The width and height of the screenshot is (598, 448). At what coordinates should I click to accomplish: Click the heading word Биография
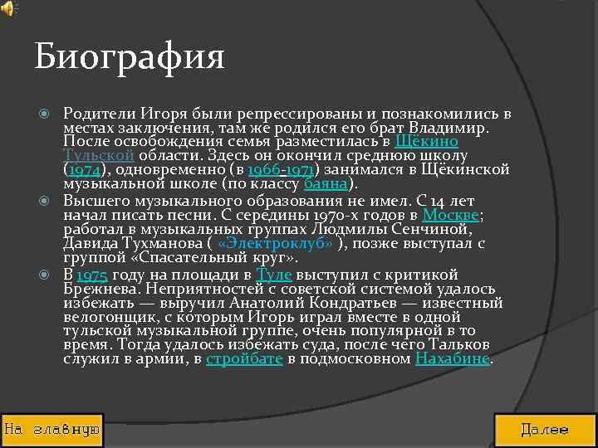point(130,58)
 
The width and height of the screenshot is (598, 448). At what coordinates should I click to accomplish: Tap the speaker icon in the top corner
point(7,8)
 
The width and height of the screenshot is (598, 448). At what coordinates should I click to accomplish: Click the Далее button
point(545,430)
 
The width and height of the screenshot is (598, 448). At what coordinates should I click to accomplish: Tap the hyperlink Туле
point(274,275)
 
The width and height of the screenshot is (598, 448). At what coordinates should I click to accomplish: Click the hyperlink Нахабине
point(453,358)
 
